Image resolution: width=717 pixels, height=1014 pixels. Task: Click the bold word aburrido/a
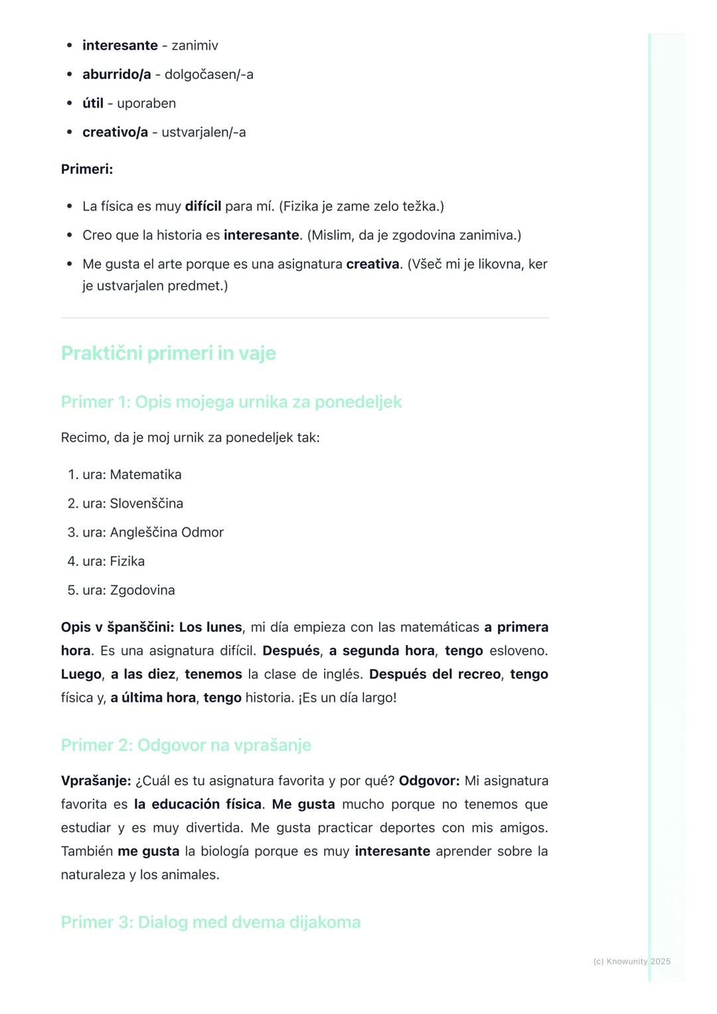pos(116,74)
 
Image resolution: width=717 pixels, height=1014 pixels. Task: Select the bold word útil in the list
pos(93,104)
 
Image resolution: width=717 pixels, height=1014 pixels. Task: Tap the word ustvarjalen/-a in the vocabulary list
pos(204,132)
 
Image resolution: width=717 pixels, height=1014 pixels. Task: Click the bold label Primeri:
pos(87,169)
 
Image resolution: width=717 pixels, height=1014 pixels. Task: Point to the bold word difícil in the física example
pos(202,206)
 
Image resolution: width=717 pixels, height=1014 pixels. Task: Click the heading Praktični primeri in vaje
pos(168,353)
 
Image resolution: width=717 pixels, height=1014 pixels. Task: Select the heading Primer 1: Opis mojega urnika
pos(231,402)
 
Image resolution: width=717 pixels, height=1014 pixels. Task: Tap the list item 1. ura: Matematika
pos(125,474)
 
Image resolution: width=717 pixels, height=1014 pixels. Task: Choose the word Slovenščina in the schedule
pos(146,504)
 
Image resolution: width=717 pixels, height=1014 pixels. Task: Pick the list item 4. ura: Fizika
pos(106,561)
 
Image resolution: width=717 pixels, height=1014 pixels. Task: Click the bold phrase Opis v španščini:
pos(118,627)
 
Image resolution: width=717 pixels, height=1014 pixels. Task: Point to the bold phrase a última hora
pos(153,697)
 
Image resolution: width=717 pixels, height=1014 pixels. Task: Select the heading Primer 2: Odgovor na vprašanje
pos(186,745)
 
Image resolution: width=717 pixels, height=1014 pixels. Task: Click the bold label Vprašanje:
pos(96,781)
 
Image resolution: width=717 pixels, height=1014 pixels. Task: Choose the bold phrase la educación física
pos(197,804)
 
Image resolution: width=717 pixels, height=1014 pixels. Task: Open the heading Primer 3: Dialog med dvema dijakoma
pos(210,922)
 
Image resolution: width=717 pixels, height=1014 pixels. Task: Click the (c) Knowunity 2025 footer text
pos(631,961)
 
